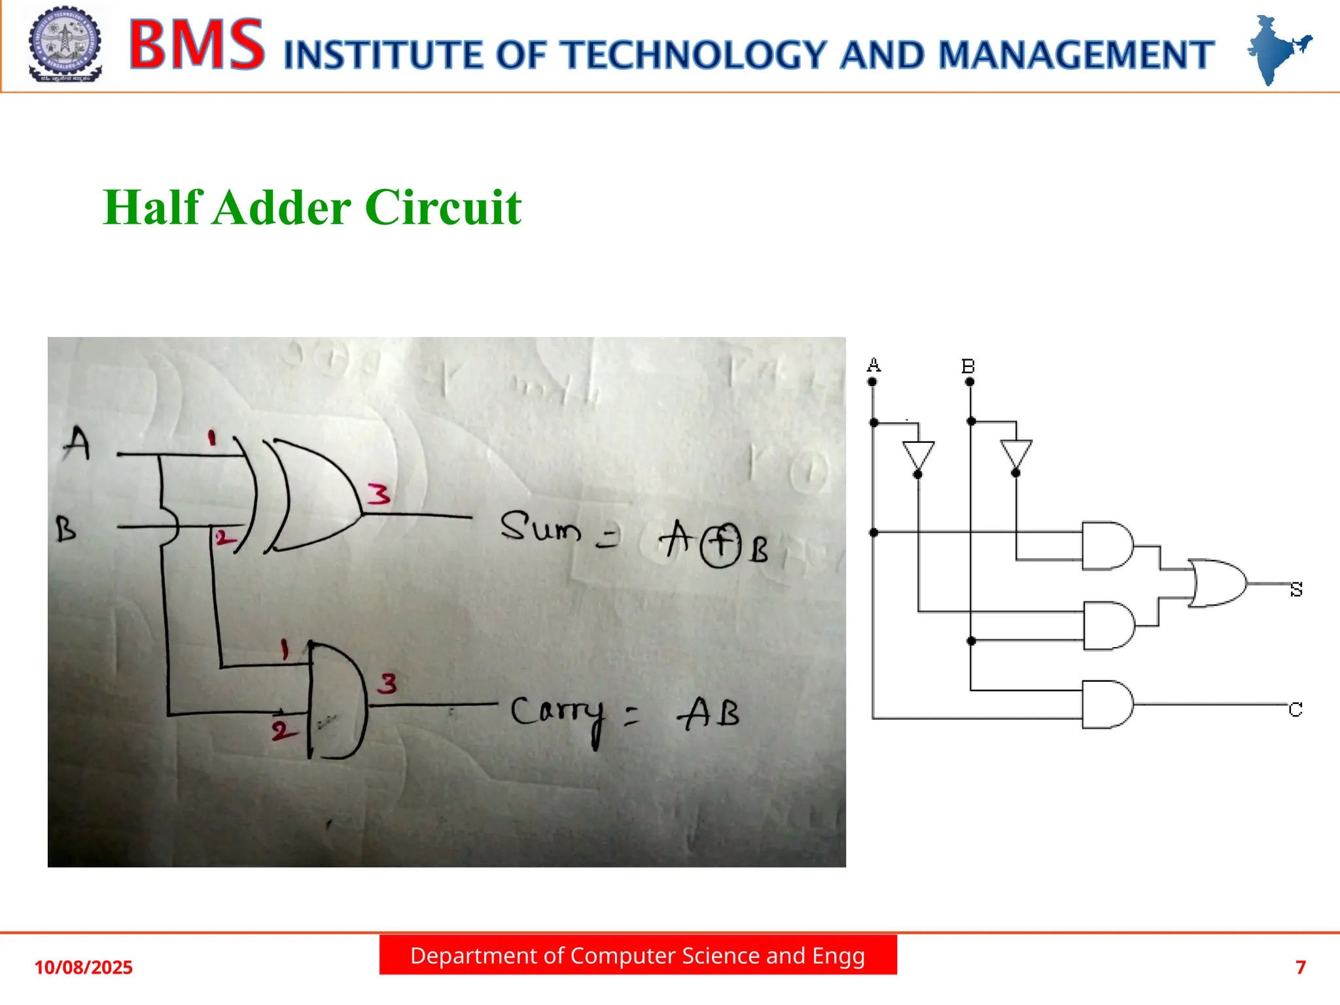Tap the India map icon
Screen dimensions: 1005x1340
point(1277,49)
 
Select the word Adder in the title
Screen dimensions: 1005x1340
point(282,207)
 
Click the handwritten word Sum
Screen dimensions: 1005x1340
point(540,527)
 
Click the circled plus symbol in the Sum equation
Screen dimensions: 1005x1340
point(720,545)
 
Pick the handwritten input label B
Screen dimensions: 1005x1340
point(65,529)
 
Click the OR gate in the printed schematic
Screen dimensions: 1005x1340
point(1217,583)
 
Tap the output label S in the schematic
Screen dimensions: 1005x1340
point(1296,590)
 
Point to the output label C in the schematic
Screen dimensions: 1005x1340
point(1296,709)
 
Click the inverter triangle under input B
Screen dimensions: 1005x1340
point(1016,453)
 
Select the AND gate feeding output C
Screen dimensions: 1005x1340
point(1107,705)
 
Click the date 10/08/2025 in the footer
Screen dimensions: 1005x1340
point(83,968)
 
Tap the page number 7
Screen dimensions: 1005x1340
point(1301,967)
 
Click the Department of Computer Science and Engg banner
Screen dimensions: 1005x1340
point(638,956)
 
